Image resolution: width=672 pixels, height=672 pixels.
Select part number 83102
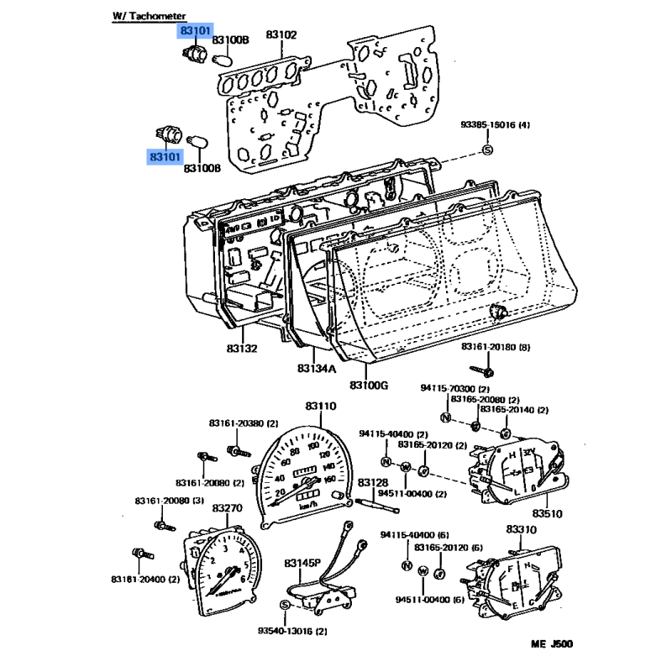click(281, 35)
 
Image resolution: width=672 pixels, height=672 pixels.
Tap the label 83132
click(242, 348)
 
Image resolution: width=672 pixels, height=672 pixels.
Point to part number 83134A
click(316, 368)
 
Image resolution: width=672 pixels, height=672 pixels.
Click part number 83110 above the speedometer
click(321, 407)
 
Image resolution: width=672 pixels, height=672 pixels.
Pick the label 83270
click(227, 508)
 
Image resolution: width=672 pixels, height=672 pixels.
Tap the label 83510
click(546, 513)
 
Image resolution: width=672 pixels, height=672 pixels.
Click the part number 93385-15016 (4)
click(496, 126)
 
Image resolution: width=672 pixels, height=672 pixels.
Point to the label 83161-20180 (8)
click(496, 347)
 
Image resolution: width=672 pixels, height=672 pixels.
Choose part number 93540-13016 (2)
click(292, 630)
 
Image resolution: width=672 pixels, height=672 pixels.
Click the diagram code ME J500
click(552, 645)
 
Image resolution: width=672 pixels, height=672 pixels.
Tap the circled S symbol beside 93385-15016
click(487, 150)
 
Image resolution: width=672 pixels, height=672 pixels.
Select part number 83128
click(373, 483)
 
